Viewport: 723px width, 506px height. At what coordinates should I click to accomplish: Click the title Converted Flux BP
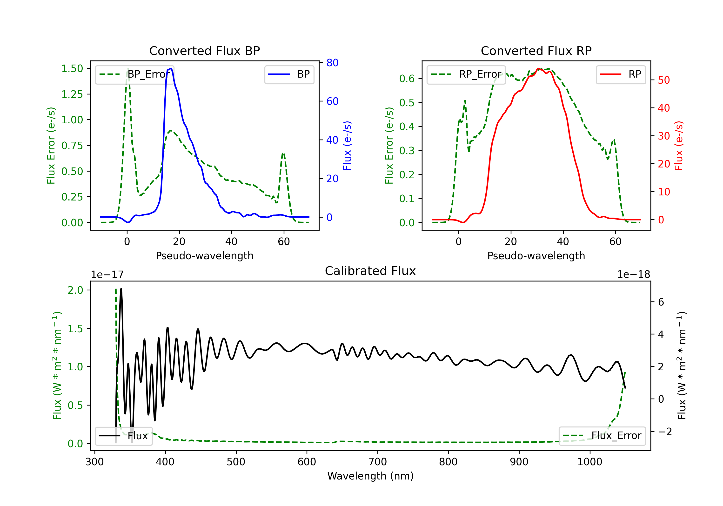(204, 51)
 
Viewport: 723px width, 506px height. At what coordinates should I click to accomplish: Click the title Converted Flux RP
(536, 51)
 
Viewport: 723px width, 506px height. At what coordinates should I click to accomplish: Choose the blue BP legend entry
(289, 74)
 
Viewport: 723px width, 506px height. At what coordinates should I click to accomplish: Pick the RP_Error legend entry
(466, 74)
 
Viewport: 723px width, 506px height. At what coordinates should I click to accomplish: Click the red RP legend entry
(620, 74)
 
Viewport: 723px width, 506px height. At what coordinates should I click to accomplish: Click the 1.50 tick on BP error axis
(72, 68)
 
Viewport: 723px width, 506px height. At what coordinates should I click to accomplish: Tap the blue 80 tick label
(333, 63)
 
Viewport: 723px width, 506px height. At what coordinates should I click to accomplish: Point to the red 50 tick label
(664, 80)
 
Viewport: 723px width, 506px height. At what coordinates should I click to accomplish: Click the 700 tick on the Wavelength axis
(378, 462)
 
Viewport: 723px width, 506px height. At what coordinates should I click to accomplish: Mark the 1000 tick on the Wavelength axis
(589, 462)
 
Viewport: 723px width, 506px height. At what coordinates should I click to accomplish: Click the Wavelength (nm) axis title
(370, 476)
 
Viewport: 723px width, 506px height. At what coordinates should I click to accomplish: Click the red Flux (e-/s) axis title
(679, 146)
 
